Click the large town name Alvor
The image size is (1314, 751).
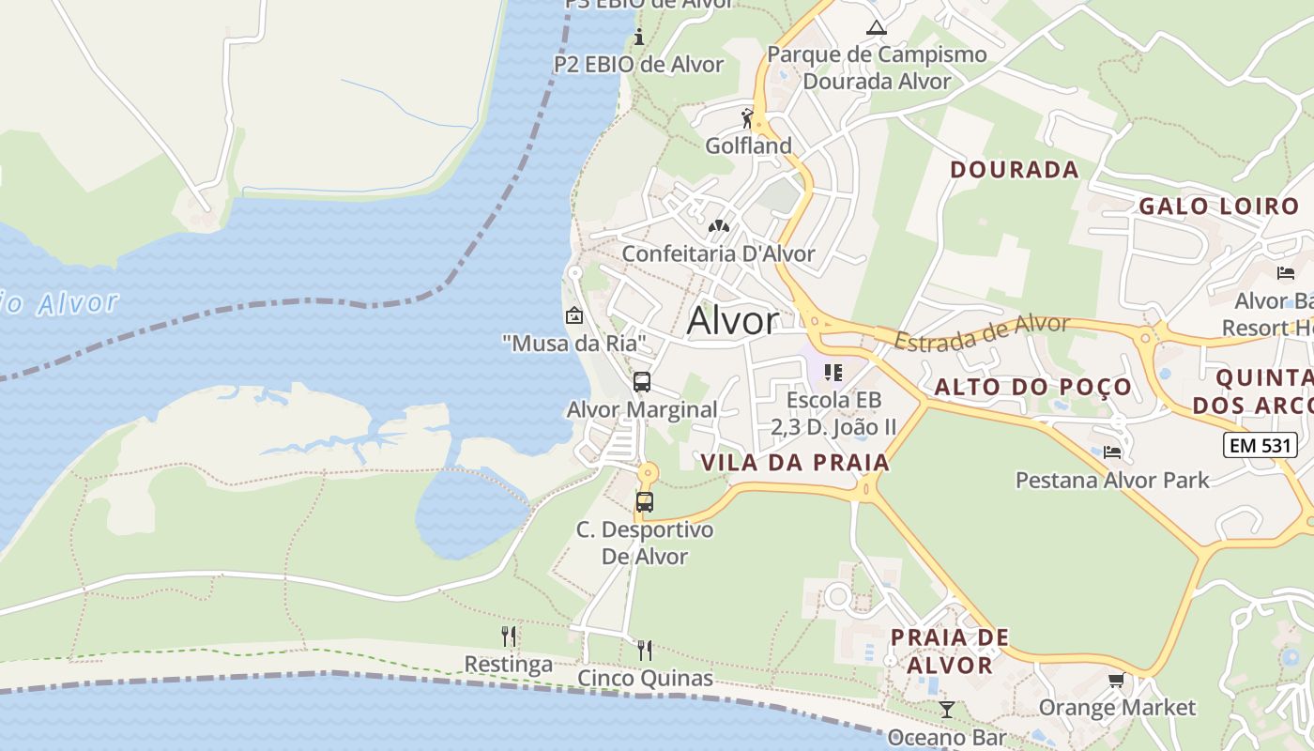(x=732, y=321)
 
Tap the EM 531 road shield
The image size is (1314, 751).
(x=1260, y=444)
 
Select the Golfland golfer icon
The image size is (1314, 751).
(x=747, y=119)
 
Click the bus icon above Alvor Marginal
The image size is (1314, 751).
(x=642, y=382)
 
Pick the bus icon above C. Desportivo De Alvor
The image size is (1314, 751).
(x=644, y=501)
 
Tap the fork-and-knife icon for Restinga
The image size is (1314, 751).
(x=509, y=636)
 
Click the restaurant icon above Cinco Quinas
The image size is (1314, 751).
(x=644, y=650)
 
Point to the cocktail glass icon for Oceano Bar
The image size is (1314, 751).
(x=946, y=709)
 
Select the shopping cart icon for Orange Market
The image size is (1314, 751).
(x=1116, y=680)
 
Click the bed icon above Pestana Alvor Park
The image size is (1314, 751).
(x=1112, y=452)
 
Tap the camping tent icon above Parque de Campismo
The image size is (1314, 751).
(x=876, y=27)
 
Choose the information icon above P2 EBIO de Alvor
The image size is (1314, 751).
(x=639, y=38)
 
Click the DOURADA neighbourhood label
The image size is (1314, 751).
(x=1014, y=170)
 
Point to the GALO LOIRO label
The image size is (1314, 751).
(x=1218, y=207)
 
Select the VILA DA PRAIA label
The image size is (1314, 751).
(x=794, y=462)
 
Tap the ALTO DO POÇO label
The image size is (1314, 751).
(x=1032, y=388)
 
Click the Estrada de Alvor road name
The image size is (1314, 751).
(x=982, y=332)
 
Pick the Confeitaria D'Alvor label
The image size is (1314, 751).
(x=718, y=253)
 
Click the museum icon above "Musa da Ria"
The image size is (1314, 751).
(x=573, y=315)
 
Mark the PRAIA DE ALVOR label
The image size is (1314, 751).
(x=949, y=651)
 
